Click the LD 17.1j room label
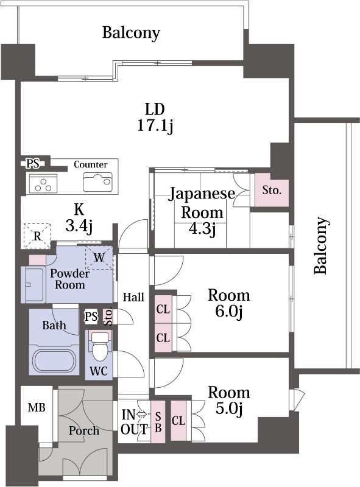[x=155, y=117]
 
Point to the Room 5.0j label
[x=228, y=401]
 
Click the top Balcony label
[x=131, y=32]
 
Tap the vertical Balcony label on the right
[x=321, y=245]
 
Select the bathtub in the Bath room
[x=54, y=359]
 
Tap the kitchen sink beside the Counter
[x=97, y=181]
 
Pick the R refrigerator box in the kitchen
[x=37, y=236]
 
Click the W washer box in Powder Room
[x=99, y=258]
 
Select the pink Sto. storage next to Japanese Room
[x=272, y=190]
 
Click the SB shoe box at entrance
[x=158, y=421]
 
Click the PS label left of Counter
[x=32, y=163]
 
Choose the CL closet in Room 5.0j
[x=178, y=421]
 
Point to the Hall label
[x=133, y=298]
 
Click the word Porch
[x=83, y=430]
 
